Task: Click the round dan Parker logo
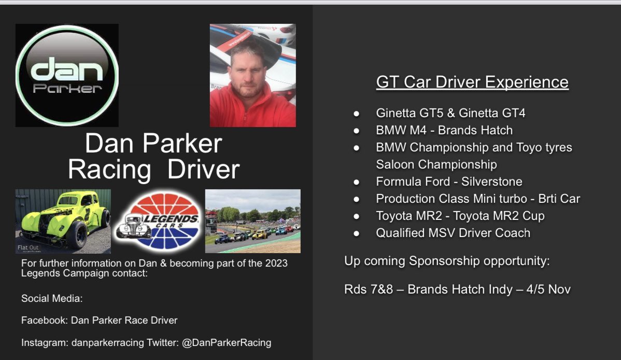pyautogui.click(x=67, y=75)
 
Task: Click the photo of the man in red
pyautogui.click(x=252, y=75)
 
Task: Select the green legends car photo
pyautogui.click(x=63, y=221)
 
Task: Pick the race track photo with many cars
pyautogui.click(x=252, y=221)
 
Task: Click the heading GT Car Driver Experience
pyautogui.click(x=472, y=82)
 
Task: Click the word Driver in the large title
pyautogui.click(x=203, y=169)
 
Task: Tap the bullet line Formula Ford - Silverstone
pyautogui.click(x=449, y=182)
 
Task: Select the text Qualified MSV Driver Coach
pyautogui.click(x=453, y=233)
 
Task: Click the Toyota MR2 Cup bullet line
pyautogui.click(x=460, y=216)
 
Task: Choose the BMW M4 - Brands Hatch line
pyautogui.click(x=444, y=130)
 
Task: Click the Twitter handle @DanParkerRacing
pyautogui.click(x=227, y=342)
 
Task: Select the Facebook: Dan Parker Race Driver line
pyautogui.click(x=99, y=320)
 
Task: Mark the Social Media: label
pyautogui.click(x=52, y=298)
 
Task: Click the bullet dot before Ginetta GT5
pyautogui.click(x=356, y=113)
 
